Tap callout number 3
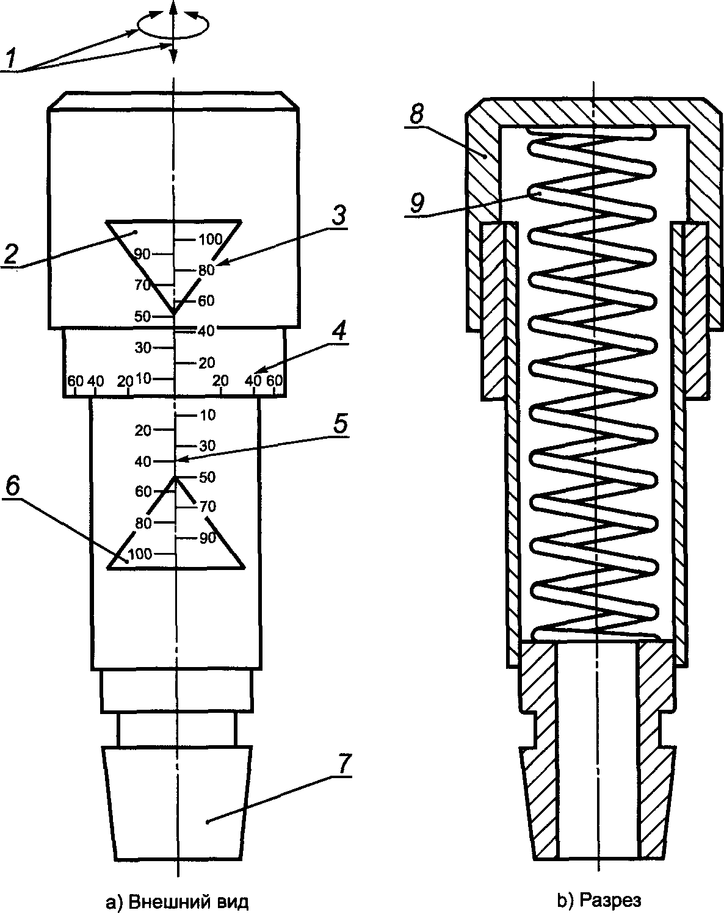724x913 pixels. pos(338,215)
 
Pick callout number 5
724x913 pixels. pos(339,423)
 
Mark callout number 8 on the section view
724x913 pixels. pos(417,114)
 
